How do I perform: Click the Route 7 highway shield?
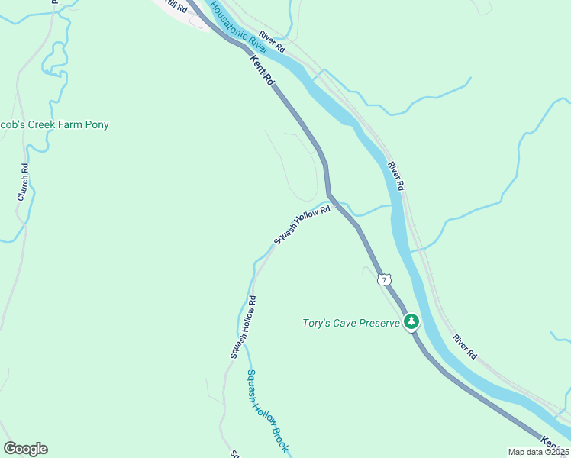pyautogui.click(x=383, y=279)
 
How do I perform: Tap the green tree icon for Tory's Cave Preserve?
pyautogui.click(x=412, y=322)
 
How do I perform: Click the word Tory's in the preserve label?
pyautogui.click(x=314, y=324)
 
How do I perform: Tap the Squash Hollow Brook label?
pyautogui.click(x=266, y=411)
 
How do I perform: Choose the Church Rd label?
pyautogui.click(x=24, y=183)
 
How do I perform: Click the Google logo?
pyautogui.click(x=25, y=449)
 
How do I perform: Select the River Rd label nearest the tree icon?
pyautogui.click(x=464, y=347)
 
